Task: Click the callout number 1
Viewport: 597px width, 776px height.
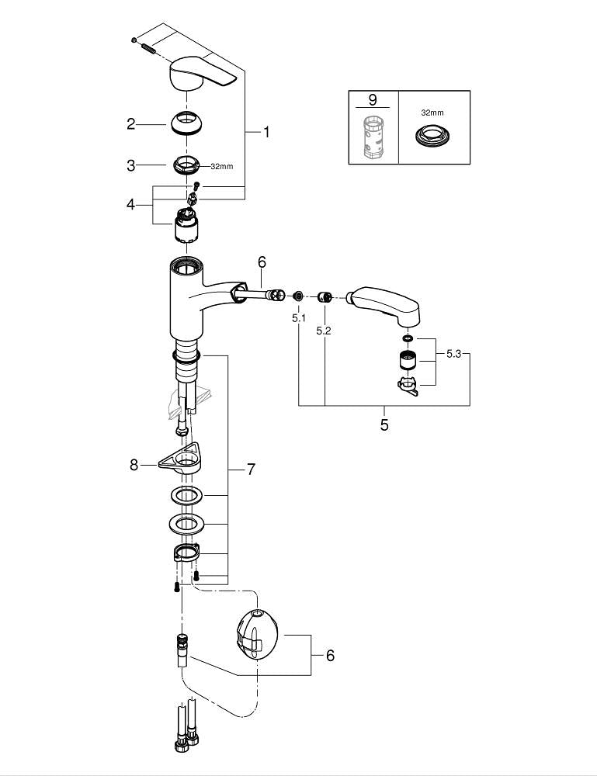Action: pyautogui.click(x=266, y=133)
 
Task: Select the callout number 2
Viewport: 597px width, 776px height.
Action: pyautogui.click(x=131, y=123)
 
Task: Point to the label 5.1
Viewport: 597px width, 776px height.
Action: pyautogui.click(x=299, y=317)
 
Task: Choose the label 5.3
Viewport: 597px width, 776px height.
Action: pyautogui.click(x=455, y=354)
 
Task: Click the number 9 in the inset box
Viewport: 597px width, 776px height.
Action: pyautogui.click(x=372, y=100)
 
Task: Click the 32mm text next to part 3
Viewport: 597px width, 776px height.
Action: pyautogui.click(x=221, y=165)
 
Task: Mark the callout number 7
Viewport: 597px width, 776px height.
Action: pyautogui.click(x=251, y=469)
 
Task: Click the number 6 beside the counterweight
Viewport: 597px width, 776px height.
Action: pyautogui.click(x=330, y=656)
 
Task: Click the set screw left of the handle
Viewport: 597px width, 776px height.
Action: pyautogui.click(x=147, y=48)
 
